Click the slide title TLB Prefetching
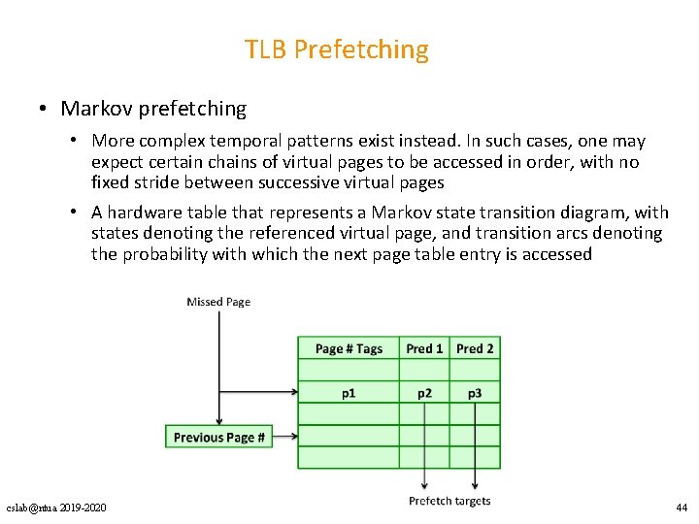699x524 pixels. point(336,49)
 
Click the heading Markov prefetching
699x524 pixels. point(153,109)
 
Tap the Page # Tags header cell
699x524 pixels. point(349,348)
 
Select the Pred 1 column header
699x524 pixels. point(424,348)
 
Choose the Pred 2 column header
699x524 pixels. point(475,348)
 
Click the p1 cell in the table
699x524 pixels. point(349,393)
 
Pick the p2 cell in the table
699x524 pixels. point(424,393)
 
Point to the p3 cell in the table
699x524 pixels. point(475,393)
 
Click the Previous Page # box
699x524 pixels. point(219,438)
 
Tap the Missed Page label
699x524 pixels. point(218,302)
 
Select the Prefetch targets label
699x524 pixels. point(449,501)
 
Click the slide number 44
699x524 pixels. point(681,508)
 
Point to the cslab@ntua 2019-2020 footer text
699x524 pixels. point(57,508)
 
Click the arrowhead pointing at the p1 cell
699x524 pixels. point(292,393)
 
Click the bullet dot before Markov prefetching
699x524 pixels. point(45,109)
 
